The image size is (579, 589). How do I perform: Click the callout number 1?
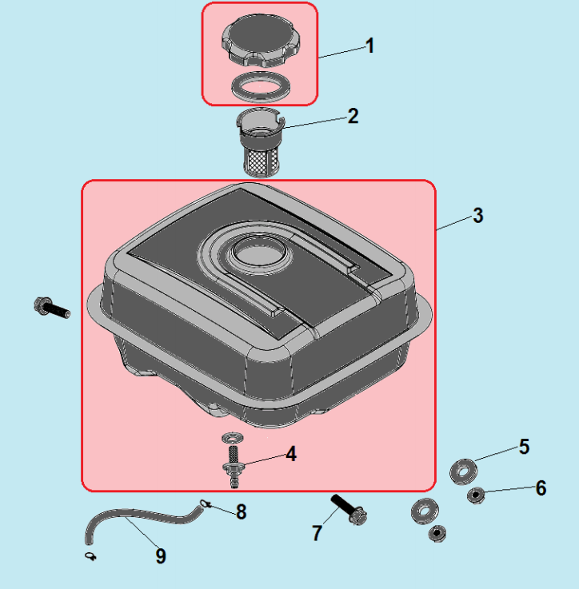(370, 46)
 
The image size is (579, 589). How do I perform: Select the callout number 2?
(353, 116)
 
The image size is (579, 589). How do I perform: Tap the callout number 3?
(478, 216)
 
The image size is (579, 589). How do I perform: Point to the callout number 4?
(291, 454)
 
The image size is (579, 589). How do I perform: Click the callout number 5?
(524, 447)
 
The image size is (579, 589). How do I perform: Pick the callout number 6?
(541, 488)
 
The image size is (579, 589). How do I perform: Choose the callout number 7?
(317, 533)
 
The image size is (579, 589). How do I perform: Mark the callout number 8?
(242, 511)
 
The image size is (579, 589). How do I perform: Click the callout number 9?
(161, 556)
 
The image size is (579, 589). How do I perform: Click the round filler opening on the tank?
(258, 251)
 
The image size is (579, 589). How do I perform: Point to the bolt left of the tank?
(52, 308)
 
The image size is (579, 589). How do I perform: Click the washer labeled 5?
(464, 471)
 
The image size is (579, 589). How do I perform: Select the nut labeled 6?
(476, 495)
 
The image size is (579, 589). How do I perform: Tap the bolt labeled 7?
(349, 510)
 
